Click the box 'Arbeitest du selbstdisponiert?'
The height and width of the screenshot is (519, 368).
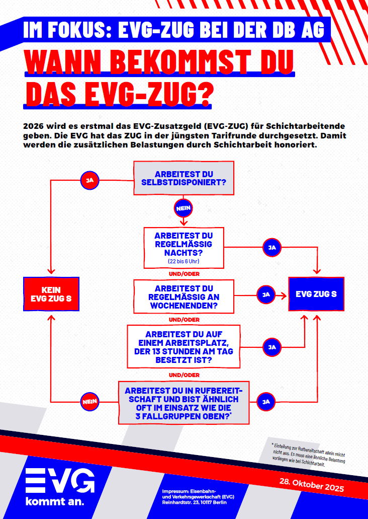[x=183, y=178]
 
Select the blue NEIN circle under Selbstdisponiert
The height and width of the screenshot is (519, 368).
[x=183, y=207]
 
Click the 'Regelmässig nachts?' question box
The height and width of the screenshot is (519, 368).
[x=183, y=247]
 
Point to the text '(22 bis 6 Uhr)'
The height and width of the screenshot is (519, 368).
[x=183, y=262]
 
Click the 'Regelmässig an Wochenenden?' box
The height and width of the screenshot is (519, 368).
[x=183, y=297]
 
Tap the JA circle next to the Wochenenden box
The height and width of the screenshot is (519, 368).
[x=266, y=294]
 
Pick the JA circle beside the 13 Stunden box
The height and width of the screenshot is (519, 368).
[x=272, y=346]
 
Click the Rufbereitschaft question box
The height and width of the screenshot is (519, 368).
[x=183, y=403]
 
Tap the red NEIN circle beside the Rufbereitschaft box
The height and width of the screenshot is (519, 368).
[x=89, y=401]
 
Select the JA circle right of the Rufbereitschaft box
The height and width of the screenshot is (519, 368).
[x=266, y=401]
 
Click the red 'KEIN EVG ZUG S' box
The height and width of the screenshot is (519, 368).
[x=51, y=294]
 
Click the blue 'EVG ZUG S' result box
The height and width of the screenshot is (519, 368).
[x=316, y=293]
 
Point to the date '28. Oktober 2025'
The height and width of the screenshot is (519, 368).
[x=311, y=486]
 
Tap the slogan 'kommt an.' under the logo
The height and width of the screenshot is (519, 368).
[x=55, y=502]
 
